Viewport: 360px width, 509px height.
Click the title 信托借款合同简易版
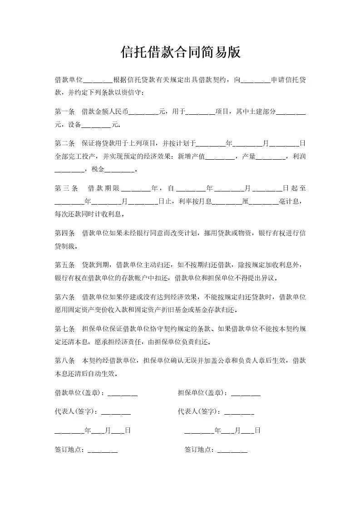180,53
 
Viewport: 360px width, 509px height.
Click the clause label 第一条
64,111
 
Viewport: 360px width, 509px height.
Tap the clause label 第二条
64,143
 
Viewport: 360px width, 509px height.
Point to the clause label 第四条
64,233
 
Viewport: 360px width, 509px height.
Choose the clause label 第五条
64,265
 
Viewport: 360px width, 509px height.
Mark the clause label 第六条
64,297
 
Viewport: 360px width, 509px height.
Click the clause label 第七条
64,329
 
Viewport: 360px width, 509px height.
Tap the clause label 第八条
64,361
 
